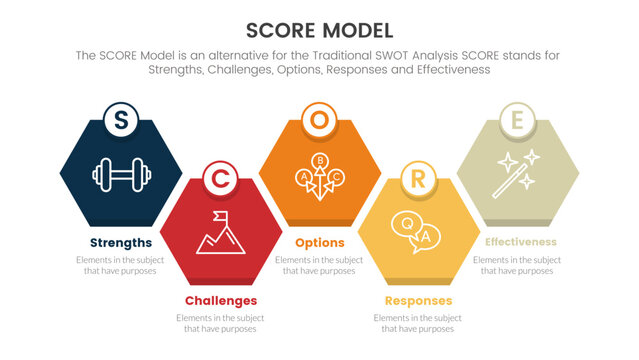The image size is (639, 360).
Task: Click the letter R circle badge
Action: (x=417, y=178)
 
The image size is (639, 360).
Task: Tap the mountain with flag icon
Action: (x=220, y=231)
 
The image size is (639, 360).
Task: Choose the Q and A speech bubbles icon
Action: (x=417, y=231)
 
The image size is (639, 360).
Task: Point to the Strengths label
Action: (x=121, y=243)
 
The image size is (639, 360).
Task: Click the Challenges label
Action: (x=221, y=300)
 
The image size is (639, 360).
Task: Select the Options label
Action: (x=319, y=243)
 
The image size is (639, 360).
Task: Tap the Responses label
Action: (x=418, y=300)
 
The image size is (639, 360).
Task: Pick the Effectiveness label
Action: (x=520, y=243)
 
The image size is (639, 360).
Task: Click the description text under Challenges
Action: (x=221, y=322)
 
